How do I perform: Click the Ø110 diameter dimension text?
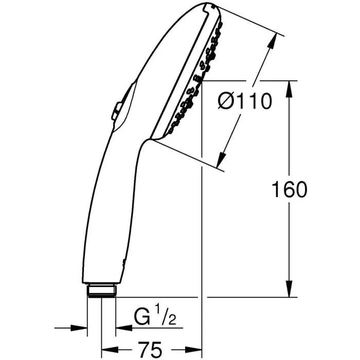pos(245,101)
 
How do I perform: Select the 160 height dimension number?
pos(289,189)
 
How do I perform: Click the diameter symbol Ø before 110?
pos(226,102)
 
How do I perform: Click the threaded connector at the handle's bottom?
pos(101,291)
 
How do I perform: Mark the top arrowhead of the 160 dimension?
pos(290,87)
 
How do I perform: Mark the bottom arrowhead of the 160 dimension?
pos(290,291)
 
